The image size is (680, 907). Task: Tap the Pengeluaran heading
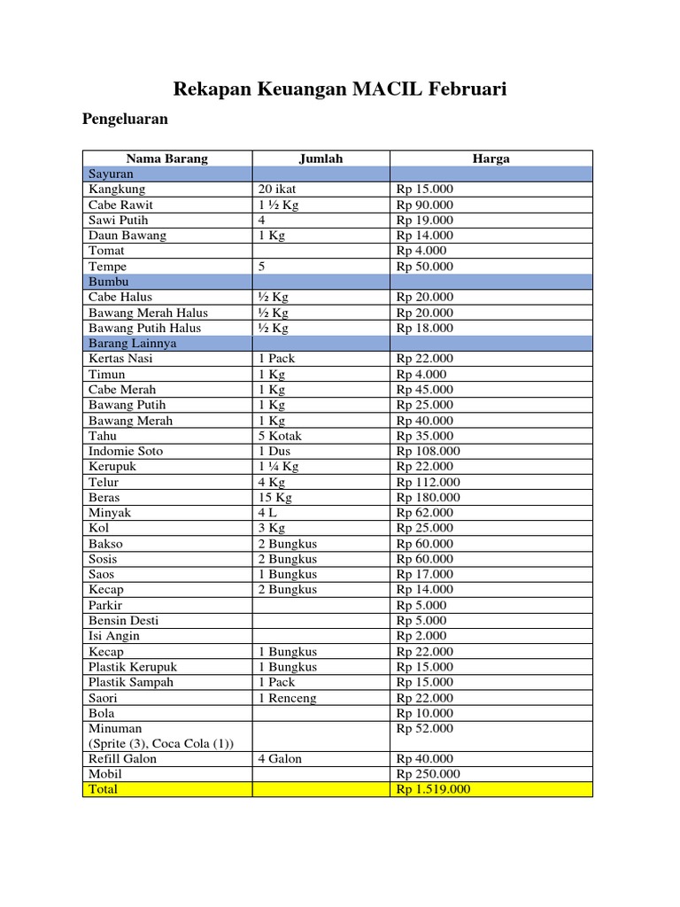click(126, 118)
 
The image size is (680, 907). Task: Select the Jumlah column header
click(321, 159)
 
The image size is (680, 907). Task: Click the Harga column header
click(491, 159)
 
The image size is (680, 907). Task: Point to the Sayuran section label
click(111, 174)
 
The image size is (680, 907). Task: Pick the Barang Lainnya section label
click(132, 343)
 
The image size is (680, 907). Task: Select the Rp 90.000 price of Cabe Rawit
click(425, 205)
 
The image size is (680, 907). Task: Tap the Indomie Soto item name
click(126, 451)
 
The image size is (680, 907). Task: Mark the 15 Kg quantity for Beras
click(274, 497)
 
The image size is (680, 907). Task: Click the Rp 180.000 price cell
click(429, 497)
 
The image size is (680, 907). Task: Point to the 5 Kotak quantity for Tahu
click(280, 436)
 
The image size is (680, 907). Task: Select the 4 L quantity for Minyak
click(268, 512)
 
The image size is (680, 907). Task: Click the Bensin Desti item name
click(124, 620)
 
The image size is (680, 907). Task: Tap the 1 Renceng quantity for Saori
click(287, 698)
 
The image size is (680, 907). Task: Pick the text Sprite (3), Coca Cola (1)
click(161, 743)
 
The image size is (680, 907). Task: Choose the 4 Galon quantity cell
click(280, 758)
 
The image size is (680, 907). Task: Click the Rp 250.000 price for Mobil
click(429, 773)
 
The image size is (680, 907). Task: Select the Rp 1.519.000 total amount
click(434, 789)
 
